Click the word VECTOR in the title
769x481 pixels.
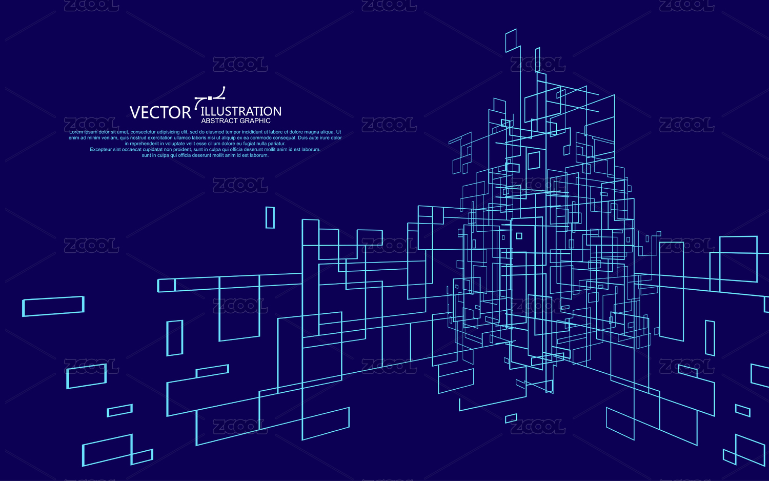click(x=160, y=112)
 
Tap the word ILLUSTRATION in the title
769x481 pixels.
click(x=241, y=111)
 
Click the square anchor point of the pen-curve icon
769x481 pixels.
click(x=210, y=97)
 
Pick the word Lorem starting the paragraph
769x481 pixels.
click(x=76, y=132)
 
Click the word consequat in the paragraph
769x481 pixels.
click(x=281, y=138)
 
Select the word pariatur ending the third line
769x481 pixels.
click(x=275, y=144)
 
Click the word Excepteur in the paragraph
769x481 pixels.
click(x=101, y=150)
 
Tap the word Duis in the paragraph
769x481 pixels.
click(x=302, y=138)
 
